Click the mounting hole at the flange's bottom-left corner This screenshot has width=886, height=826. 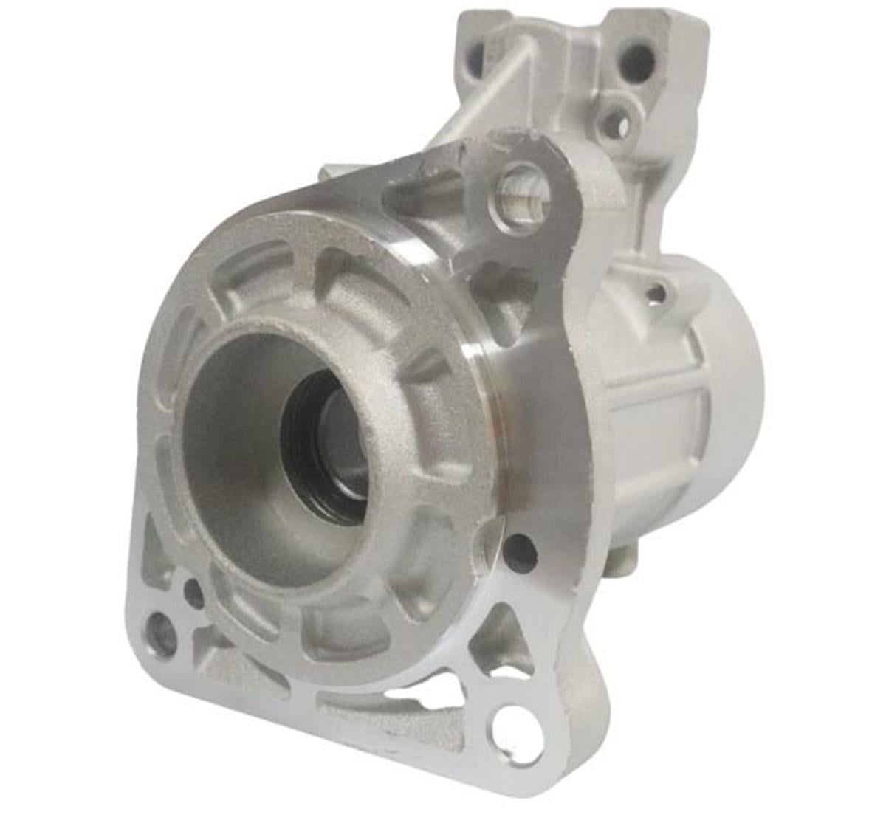161,633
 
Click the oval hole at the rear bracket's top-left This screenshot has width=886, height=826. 476,55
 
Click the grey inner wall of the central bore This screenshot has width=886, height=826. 229,443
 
